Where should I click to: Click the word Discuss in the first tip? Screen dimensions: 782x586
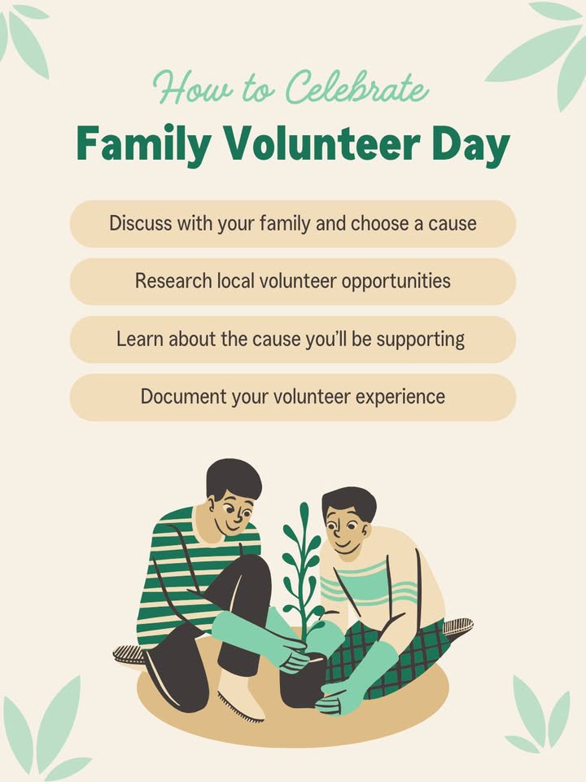click(x=137, y=223)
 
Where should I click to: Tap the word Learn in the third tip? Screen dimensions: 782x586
click(x=140, y=339)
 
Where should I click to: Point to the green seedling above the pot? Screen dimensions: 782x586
click(x=302, y=562)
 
